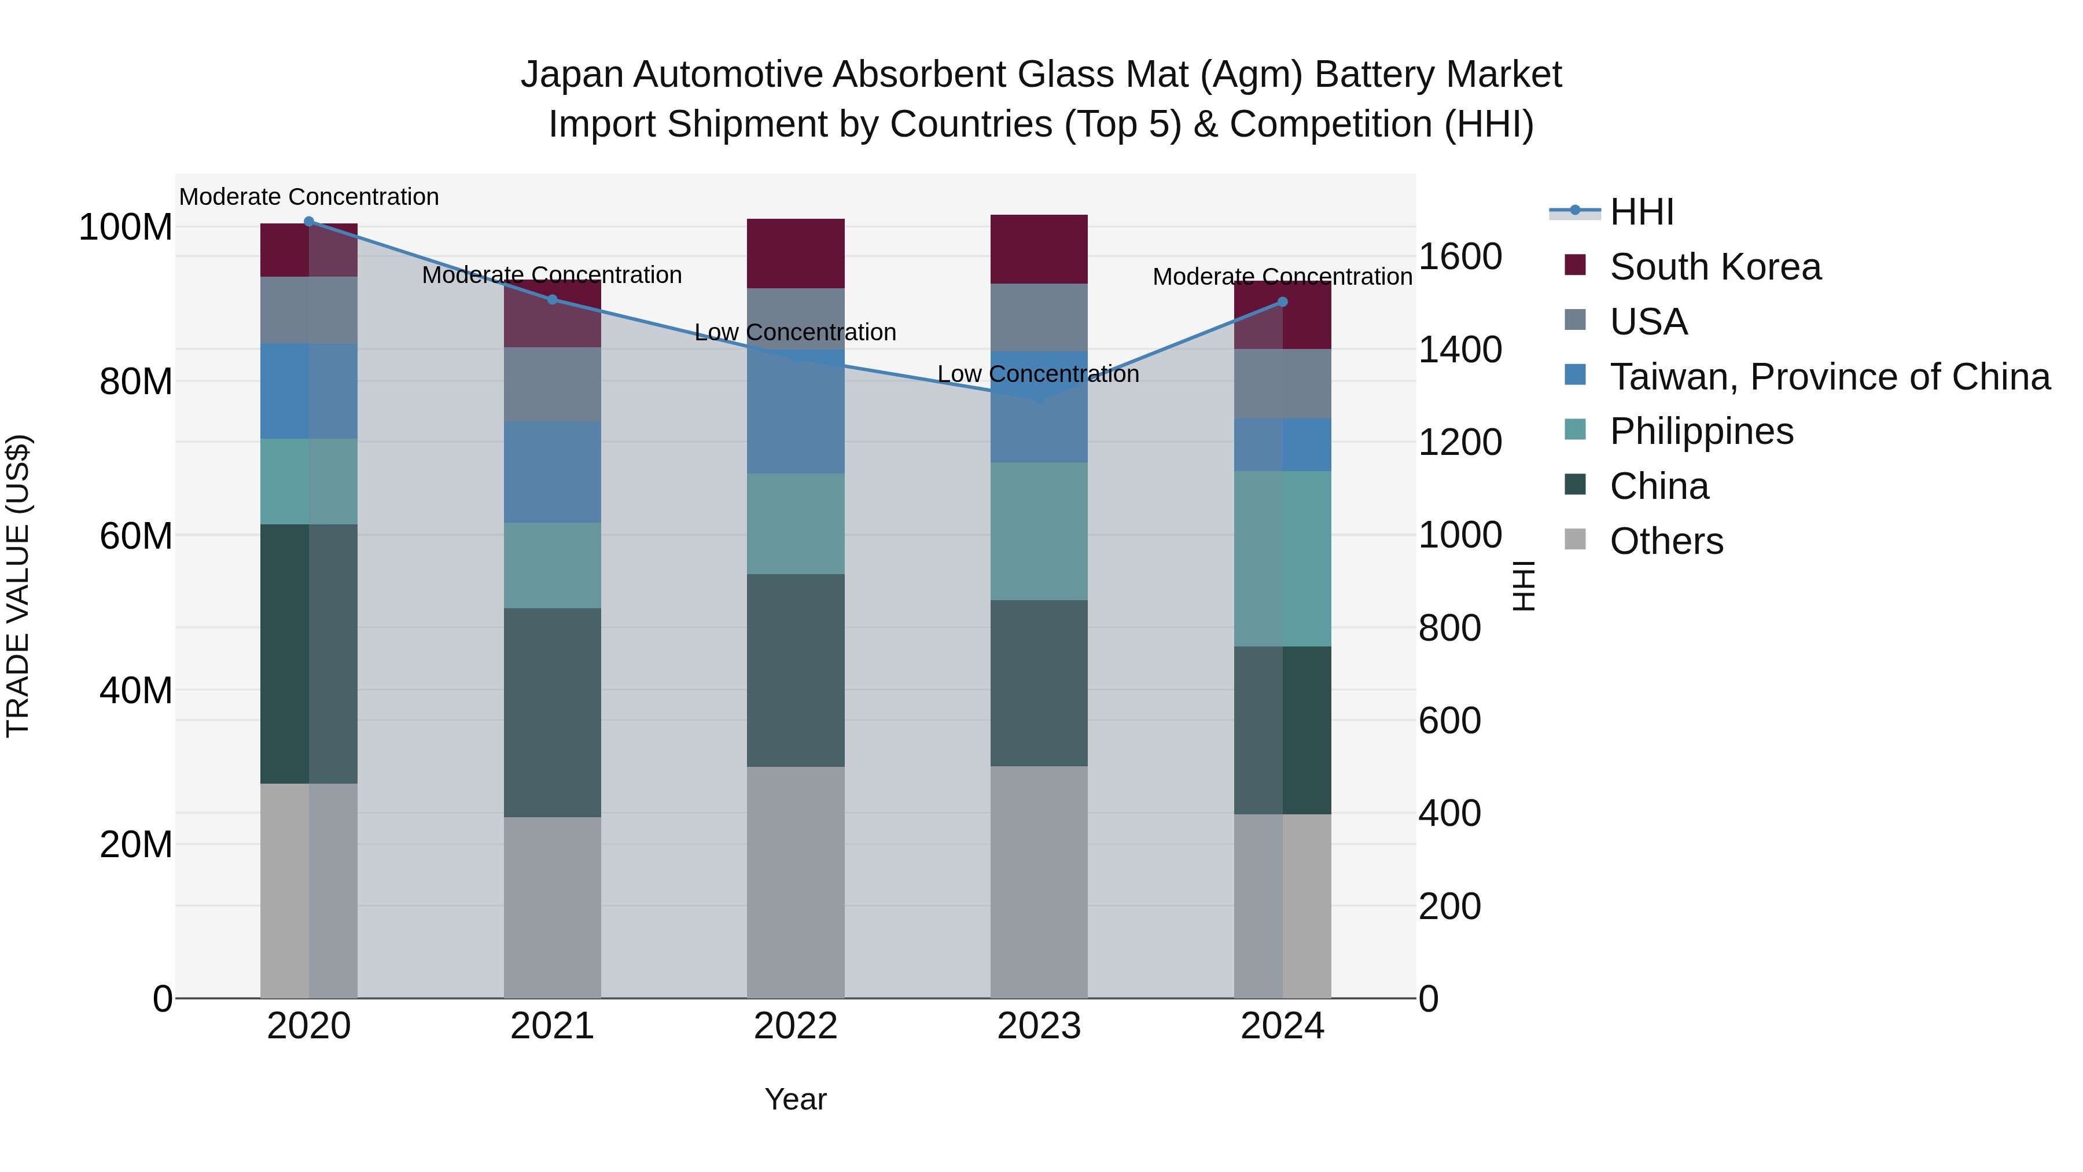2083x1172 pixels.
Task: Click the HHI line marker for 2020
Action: pyautogui.click(x=309, y=222)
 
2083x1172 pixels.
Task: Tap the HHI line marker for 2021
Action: pyautogui.click(x=553, y=299)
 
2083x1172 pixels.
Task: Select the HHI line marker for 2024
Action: pyautogui.click(x=1282, y=302)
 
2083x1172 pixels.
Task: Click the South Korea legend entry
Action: pyautogui.click(x=1714, y=267)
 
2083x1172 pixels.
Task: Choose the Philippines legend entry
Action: pyautogui.click(x=1701, y=431)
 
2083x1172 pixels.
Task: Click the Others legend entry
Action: pyautogui.click(x=1666, y=541)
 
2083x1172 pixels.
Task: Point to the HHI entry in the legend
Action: pyautogui.click(x=1641, y=212)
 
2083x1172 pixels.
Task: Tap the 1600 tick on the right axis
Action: pyautogui.click(x=1460, y=257)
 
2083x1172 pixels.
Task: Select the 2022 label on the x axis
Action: pyautogui.click(x=796, y=1026)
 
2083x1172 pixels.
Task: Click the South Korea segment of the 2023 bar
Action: pyautogui.click(x=1039, y=249)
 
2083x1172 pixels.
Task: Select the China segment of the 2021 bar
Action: pyautogui.click(x=553, y=712)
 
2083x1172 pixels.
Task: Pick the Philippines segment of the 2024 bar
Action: pyautogui.click(x=1282, y=558)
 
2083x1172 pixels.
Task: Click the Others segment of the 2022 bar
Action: pyautogui.click(x=796, y=881)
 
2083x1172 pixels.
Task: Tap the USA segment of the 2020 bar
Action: pyautogui.click(x=309, y=310)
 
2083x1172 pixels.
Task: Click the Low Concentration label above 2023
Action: pyautogui.click(x=1038, y=374)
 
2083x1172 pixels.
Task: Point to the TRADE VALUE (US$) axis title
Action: pyautogui.click(x=18, y=586)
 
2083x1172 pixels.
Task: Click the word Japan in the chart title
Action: pyautogui.click(x=572, y=75)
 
